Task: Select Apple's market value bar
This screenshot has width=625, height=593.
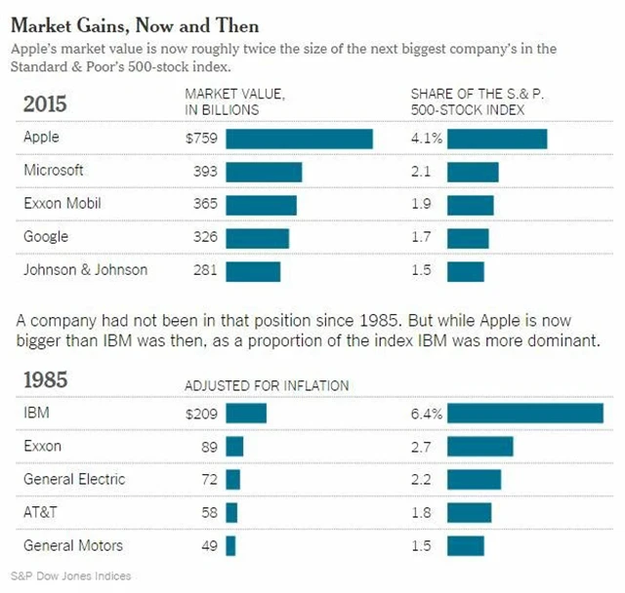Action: pyautogui.click(x=299, y=138)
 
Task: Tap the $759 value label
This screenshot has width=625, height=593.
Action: pyautogui.click(x=201, y=138)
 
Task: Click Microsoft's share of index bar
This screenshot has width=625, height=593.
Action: pyautogui.click(x=474, y=172)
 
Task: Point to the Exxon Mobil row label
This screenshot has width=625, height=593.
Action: pyautogui.click(x=62, y=204)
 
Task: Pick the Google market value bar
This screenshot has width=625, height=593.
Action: pyautogui.click(x=258, y=238)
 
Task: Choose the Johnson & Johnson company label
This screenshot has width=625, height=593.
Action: pyautogui.click(x=86, y=269)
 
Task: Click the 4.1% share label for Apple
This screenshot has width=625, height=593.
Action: pyautogui.click(x=426, y=138)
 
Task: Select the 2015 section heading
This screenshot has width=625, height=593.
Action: pyautogui.click(x=45, y=103)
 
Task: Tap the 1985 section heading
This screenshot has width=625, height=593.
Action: pyautogui.click(x=45, y=379)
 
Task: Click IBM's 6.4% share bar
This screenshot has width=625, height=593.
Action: pyautogui.click(x=525, y=414)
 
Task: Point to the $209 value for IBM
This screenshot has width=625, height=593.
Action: pyautogui.click(x=201, y=414)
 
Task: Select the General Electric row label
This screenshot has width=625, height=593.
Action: pyautogui.click(x=74, y=479)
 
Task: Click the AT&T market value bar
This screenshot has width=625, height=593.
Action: pyautogui.click(x=231, y=513)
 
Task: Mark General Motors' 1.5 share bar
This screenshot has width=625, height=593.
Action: pyautogui.click(x=466, y=546)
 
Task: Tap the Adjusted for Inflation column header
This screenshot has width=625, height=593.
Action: pyautogui.click(x=267, y=386)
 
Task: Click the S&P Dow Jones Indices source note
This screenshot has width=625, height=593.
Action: pyautogui.click(x=71, y=575)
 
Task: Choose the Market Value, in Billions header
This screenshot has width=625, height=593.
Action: pyautogui.click(x=234, y=101)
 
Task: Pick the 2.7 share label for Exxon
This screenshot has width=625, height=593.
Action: pyautogui.click(x=421, y=447)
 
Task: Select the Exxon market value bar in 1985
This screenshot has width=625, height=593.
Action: pyautogui.click(x=234, y=447)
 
